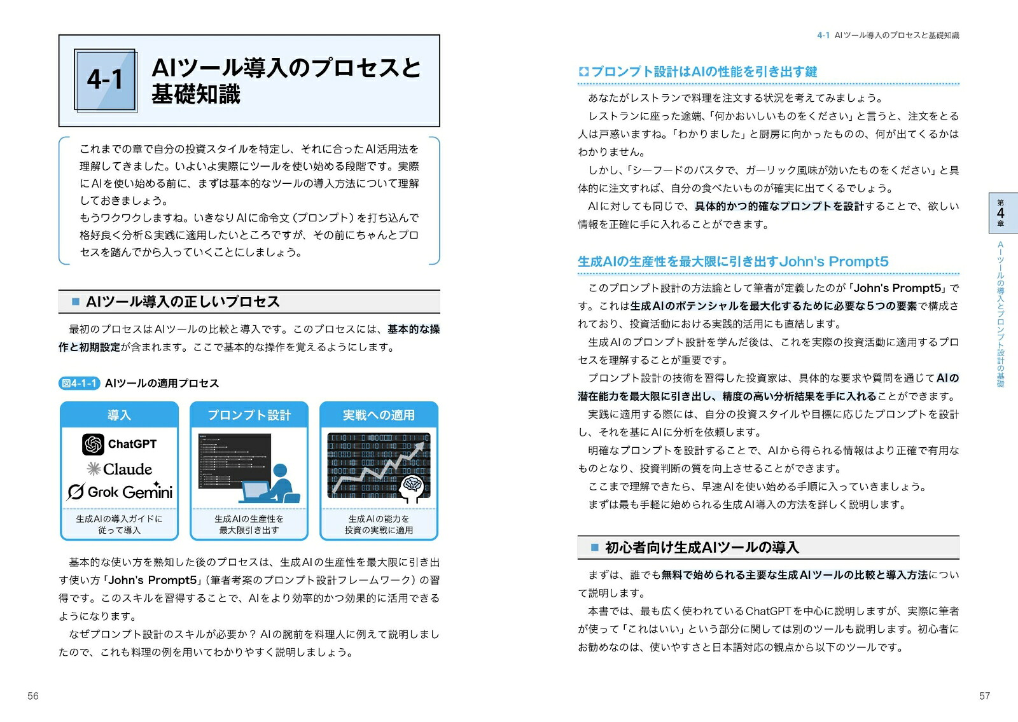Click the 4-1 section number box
106,80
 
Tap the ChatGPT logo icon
93,444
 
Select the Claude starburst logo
94,468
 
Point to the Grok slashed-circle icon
76,492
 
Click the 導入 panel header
119,414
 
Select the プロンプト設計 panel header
249,414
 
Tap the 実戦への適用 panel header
379,414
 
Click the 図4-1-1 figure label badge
79,384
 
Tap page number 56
32,696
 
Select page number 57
984,696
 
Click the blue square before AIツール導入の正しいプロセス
76,302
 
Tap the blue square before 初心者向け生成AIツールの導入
594,547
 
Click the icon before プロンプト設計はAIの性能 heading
583,71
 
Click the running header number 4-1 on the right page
823,35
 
